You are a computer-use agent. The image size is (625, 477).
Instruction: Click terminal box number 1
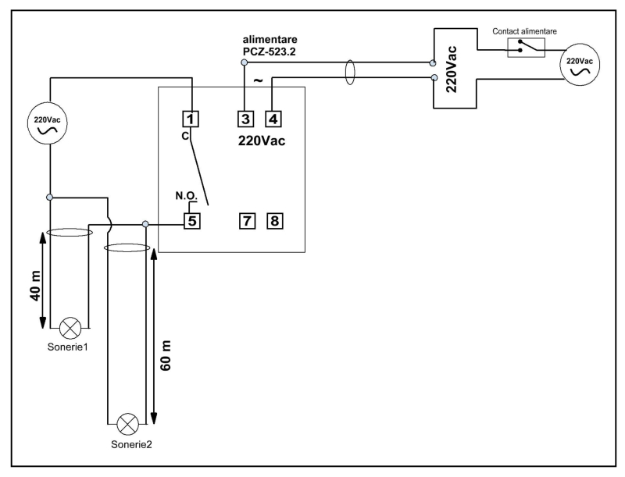[x=191, y=119]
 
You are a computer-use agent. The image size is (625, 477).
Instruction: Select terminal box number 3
[x=245, y=119]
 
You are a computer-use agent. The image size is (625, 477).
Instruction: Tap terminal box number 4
[x=273, y=119]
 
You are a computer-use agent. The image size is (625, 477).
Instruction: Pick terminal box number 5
[x=191, y=220]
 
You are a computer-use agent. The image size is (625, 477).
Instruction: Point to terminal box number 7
[x=245, y=220]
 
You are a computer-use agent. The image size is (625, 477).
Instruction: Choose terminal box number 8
[x=273, y=220]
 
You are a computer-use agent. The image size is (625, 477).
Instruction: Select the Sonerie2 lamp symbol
[x=127, y=424]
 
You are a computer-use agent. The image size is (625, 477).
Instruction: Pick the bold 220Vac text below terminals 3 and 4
[x=262, y=141]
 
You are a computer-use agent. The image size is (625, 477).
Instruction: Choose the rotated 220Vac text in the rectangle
[x=452, y=69]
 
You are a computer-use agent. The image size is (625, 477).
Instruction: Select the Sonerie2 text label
[x=127, y=444]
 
